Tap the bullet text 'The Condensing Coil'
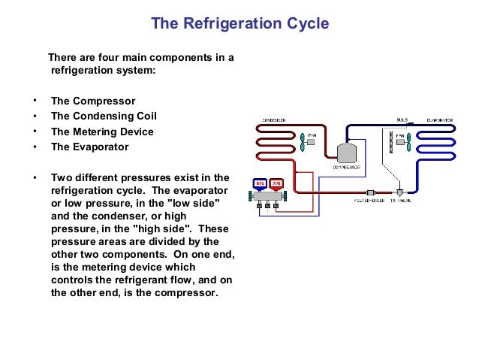click(x=104, y=116)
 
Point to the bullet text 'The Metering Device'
click(x=102, y=132)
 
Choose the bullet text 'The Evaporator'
click(x=89, y=147)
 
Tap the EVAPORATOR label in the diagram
click(x=439, y=120)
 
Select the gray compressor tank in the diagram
click(x=347, y=153)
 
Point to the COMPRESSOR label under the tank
click(x=347, y=168)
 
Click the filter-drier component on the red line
click(x=369, y=192)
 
